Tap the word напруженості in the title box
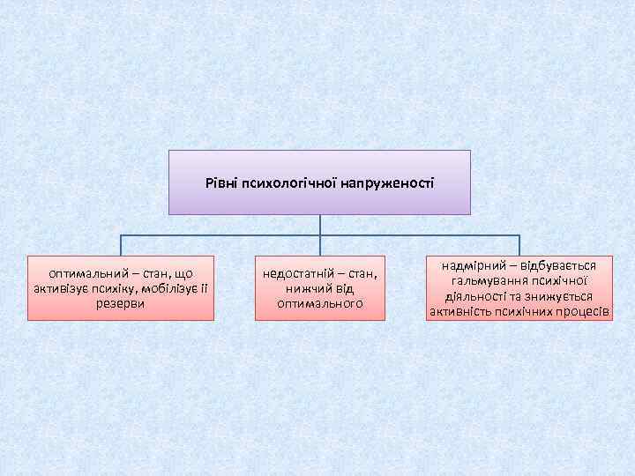point(381,182)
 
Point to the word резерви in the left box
point(122,303)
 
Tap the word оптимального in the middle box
point(320,303)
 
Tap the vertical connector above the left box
point(121,246)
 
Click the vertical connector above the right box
point(519,246)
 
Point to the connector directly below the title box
point(320,225)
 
